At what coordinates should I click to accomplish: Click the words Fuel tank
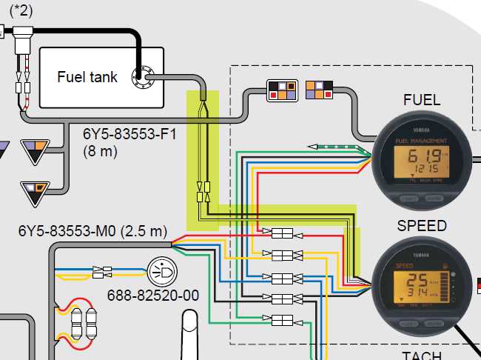(87, 77)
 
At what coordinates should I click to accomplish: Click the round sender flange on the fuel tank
(141, 74)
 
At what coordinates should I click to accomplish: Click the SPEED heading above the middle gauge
(422, 225)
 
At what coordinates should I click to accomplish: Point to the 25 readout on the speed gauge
(418, 281)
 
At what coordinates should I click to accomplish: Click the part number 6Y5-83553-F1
(129, 135)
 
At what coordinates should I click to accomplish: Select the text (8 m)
(102, 151)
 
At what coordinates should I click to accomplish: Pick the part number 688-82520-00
(154, 296)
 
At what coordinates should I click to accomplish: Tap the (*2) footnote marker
(21, 10)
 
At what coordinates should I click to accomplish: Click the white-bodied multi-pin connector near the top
(282, 89)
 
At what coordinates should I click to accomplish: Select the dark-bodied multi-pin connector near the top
(319, 89)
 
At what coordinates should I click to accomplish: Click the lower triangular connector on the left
(34, 192)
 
